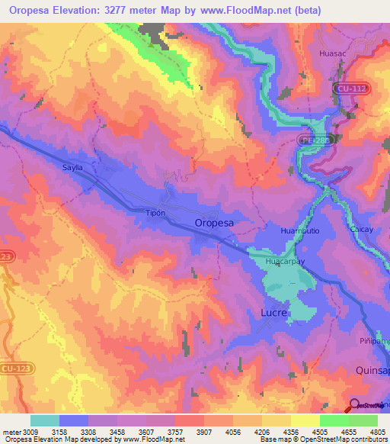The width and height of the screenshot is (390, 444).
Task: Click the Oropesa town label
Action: coord(214,223)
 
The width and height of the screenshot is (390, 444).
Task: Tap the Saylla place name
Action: coord(66,166)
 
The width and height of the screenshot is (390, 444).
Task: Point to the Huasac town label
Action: coord(336,54)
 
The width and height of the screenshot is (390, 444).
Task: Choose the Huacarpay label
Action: coord(284,261)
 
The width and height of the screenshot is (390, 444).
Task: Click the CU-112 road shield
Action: coord(351,89)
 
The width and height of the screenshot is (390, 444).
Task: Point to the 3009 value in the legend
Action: coord(30,432)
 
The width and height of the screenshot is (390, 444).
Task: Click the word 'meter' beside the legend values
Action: coord(11,432)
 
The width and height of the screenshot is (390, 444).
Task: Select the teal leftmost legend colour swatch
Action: coord(45,420)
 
